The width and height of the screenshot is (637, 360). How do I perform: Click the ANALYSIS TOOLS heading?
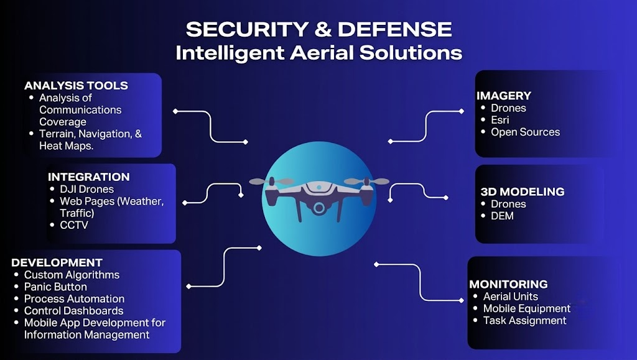pyautogui.click(x=76, y=86)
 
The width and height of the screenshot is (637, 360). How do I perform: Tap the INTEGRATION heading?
pyautogui.click(x=88, y=177)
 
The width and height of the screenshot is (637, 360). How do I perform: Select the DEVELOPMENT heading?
pyautogui.click(x=57, y=262)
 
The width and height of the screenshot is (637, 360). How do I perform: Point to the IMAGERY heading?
pyautogui.click(x=504, y=96)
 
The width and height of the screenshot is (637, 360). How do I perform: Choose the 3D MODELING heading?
pyautogui.click(x=523, y=192)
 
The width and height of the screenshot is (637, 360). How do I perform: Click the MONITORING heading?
pyautogui.click(x=508, y=284)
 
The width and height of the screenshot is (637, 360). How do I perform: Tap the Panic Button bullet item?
pyautogui.click(x=55, y=287)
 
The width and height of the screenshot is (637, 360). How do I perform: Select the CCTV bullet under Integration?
pyautogui.click(x=73, y=225)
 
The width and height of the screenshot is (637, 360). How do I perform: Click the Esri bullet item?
pyautogui.click(x=500, y=120)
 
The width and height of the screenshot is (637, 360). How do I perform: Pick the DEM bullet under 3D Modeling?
pyautogui.click(x=502, y=216)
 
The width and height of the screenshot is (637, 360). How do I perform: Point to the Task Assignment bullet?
pyautogui.click(x=524, y=321)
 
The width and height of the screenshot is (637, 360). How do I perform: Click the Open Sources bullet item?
pyautogui.click(x=525, y=132)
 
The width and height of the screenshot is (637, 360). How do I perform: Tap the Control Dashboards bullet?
pyautogui.click(x=73, y=311)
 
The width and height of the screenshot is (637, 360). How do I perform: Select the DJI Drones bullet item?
pyautogui.click(x=86, y=189)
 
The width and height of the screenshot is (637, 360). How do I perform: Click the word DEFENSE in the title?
pyautogui.click(x=394, y=29)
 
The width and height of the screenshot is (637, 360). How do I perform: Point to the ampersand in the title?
pyautogui.click(x=323, y=29)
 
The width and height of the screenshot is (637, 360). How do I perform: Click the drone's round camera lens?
pyautogui.click(x=319, y=208)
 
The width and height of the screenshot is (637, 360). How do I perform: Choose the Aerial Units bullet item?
pyautogui.click(x=510, y=297)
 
